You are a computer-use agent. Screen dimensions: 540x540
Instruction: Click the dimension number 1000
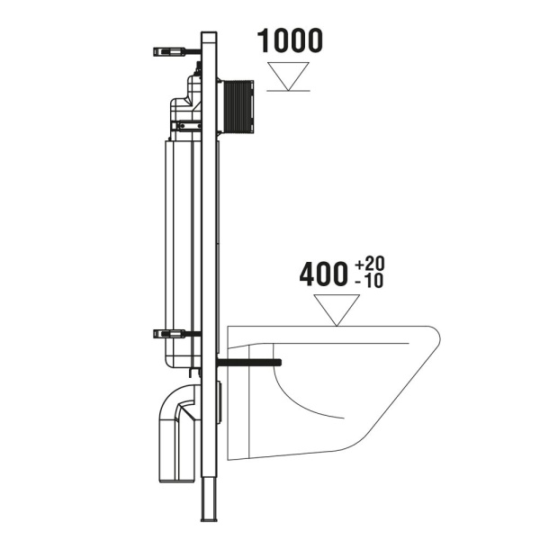point(289,40)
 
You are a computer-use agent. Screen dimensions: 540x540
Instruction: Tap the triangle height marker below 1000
point(289,76)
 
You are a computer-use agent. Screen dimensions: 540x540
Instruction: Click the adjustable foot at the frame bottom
point(211,504)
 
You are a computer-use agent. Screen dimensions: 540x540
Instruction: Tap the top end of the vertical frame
point(211,38)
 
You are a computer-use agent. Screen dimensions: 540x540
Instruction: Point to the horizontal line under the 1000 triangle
point(289,91)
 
